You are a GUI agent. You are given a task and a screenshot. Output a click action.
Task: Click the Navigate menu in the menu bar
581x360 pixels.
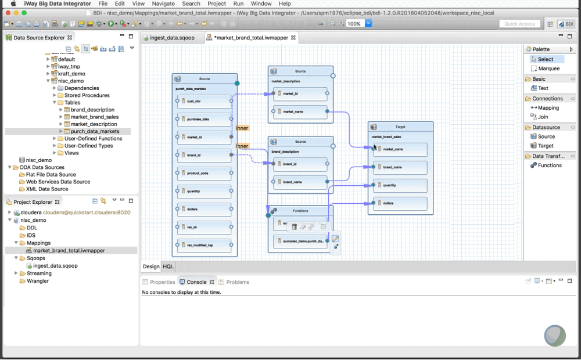tap(163, 3)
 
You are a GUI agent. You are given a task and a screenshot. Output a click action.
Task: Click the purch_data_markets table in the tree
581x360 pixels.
tap(95, 131)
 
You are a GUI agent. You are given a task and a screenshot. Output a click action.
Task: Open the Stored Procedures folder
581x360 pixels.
tap(87, 95)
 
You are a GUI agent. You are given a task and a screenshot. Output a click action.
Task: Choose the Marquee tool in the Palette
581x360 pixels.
tap(548, 69)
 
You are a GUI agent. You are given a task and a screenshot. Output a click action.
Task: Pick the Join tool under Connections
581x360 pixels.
tap(543, 117)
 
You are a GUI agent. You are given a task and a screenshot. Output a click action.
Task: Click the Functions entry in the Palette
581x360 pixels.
tap(549, 165)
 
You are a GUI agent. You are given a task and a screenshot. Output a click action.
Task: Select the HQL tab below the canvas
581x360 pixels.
tap(168, 267)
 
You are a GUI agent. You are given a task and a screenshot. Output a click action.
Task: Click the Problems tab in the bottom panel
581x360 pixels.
tap(237, 282)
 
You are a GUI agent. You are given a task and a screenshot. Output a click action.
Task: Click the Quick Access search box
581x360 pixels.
tap(519, 24)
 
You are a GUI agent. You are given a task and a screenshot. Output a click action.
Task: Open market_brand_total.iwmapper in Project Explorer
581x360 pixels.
tap(69, 251)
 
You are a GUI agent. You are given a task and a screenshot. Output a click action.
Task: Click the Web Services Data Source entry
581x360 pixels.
tap(58, 182)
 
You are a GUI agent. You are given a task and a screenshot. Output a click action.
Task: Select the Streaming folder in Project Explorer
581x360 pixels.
tap(39, 273)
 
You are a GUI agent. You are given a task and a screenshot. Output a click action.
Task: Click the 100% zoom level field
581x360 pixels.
tap(354, 24)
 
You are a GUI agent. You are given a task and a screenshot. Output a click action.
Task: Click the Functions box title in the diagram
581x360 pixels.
tap(300, 211)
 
